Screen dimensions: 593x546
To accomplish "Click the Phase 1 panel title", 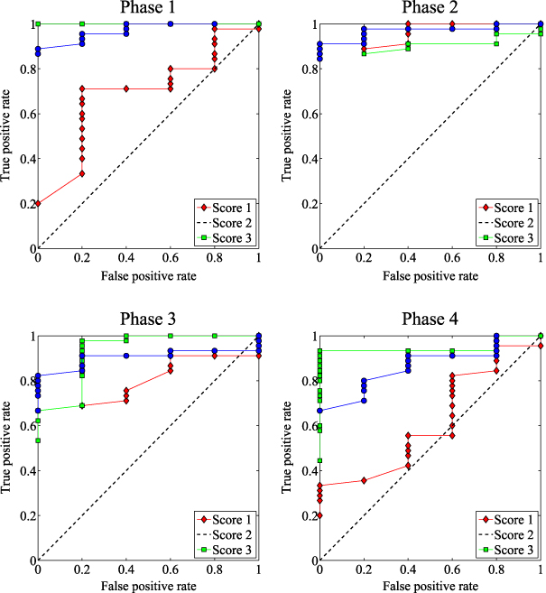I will tap(148, 10).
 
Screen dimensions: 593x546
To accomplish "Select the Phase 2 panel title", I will tap(430, 10).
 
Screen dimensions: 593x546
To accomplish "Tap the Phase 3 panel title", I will tap(148, 320).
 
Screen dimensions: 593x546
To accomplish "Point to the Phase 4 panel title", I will tap(430, 320).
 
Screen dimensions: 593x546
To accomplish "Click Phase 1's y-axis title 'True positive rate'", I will tap(8, 135).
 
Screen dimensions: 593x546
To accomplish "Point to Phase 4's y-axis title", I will tap(290, 448).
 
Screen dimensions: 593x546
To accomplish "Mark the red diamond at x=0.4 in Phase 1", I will tap(126, 88).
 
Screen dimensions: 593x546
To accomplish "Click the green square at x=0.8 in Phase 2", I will tap(496, 43).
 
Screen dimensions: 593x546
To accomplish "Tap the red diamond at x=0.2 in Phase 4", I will tap(364, 480).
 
